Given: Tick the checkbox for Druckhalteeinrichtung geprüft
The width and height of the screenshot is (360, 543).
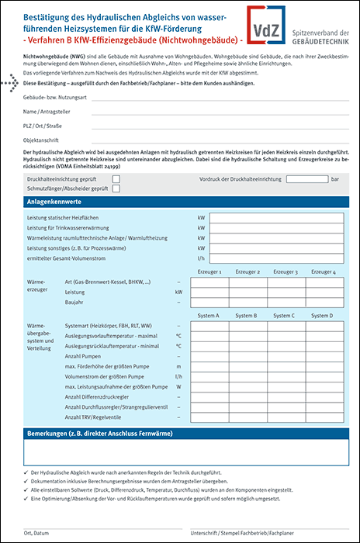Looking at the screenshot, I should pyautogui.click(x=116, y=178).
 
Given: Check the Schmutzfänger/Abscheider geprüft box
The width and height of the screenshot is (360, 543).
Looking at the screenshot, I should pyautogui.click(x=116, y=188).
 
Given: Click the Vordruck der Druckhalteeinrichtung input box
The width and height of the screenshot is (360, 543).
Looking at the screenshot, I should pyautogui.click(x=306, y=178).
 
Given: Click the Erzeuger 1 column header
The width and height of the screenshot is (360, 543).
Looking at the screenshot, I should pyautogui.click(x=209, y=272).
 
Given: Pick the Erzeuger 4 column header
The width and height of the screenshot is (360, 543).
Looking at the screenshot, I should pyautogui.click(x=323, y=272).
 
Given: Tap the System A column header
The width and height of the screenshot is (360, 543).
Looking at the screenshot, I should pyautogui.click(x=209, y=316).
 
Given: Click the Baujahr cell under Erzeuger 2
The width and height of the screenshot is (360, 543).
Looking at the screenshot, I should pyautogui.click(x=247, y=303).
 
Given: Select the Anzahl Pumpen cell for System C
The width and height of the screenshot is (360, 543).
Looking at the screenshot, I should pyautogui.click(x=285, y=355).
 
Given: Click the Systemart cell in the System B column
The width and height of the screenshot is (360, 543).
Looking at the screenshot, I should pyautogui.click(x=247, y=326).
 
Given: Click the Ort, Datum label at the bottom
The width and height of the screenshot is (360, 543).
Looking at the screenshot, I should pyautogui.click(x=37, y=534).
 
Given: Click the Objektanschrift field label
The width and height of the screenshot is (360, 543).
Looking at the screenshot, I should pyautogui.click(x=43, y=139).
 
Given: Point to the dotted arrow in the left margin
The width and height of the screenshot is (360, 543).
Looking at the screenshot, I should pyautogui.click(x=10, y=82).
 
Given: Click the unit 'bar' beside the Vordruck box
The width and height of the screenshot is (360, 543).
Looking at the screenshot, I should pyautogui.click(x=335, y=178).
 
